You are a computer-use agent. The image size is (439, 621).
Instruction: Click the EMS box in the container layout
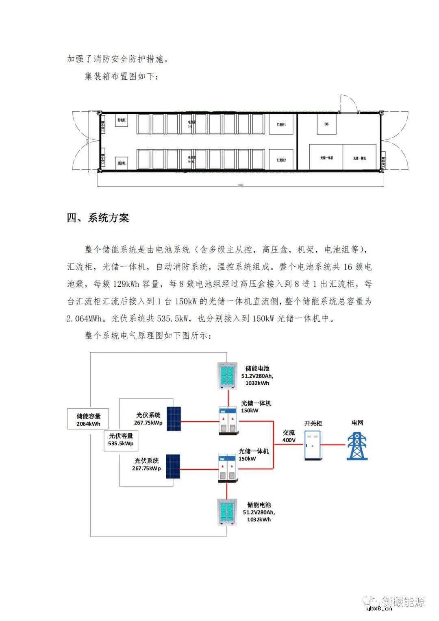326,124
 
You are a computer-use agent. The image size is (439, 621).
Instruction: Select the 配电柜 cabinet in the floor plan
121,121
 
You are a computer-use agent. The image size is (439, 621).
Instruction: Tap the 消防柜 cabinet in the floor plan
121,163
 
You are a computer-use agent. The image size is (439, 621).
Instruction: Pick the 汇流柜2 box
282,160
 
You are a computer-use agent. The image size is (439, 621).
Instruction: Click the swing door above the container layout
348,103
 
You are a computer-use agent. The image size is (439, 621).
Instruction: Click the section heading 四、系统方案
98,218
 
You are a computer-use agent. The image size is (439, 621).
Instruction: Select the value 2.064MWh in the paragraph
85,318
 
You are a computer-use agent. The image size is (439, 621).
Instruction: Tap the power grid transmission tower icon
357,446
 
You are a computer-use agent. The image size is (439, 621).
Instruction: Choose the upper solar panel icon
173,420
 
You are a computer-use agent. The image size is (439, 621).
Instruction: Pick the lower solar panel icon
173,467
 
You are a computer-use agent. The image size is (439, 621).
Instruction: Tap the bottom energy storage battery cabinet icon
227,512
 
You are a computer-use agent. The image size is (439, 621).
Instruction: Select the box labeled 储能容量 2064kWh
88,419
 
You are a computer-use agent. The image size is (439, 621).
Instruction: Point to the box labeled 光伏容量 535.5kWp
121,440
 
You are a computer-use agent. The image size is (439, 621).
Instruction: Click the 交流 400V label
289,436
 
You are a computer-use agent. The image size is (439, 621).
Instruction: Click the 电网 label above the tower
357,423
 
